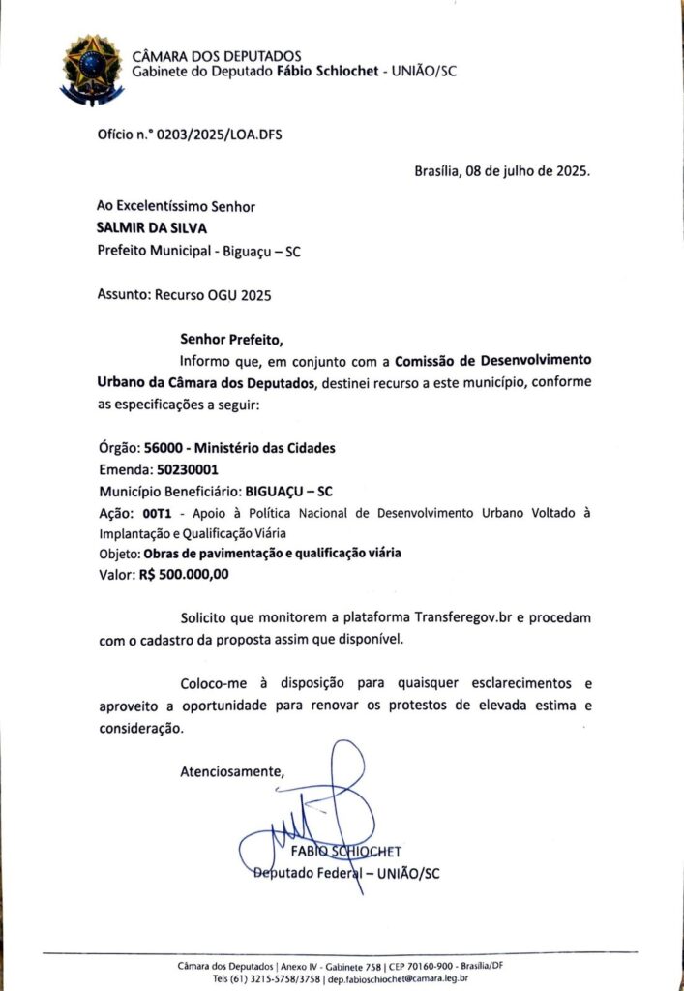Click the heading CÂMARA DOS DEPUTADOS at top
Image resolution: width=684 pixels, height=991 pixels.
tap(216, 56)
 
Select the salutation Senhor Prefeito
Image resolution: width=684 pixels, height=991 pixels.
tap(233, 340)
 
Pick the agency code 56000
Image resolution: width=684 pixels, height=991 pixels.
tap(163, 447)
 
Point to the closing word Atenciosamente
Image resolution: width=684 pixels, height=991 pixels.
tap(232, 771)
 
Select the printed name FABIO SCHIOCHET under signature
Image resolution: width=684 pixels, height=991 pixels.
tap(345, 852)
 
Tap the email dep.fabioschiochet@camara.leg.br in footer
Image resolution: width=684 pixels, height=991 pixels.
tap(399, 978)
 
